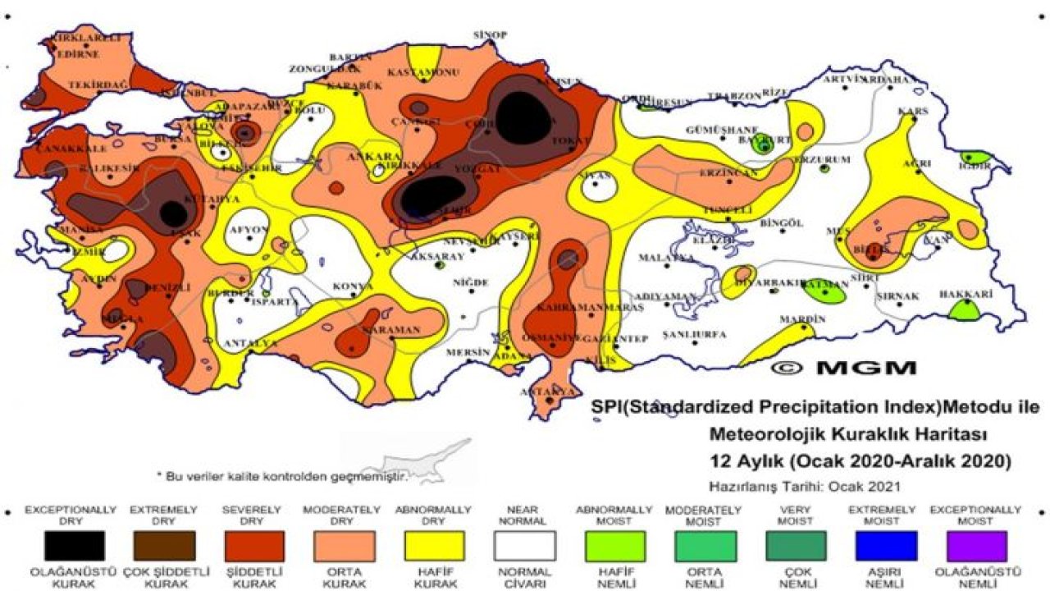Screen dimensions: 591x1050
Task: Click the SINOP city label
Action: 491,34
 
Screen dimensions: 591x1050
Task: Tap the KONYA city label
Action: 352,286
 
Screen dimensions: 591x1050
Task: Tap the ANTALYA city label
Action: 253,342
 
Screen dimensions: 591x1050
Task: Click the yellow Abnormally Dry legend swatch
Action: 434,545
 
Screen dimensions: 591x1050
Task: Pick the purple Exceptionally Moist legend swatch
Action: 975,545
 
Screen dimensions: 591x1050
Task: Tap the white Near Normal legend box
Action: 524,545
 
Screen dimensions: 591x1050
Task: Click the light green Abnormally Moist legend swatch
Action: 614,545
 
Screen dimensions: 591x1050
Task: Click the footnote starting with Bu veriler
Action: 283,475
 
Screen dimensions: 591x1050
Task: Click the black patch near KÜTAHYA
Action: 173,214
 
